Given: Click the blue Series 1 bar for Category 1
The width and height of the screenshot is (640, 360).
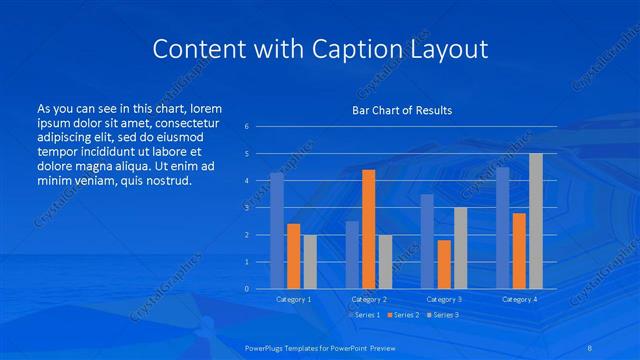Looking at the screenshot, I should (277, 231).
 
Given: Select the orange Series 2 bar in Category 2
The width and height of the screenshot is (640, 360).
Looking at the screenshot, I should (368, 229).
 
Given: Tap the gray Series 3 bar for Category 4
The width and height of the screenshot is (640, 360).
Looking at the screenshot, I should (536, 221).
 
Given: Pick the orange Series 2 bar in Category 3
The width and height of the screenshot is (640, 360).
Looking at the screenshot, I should (443, 264).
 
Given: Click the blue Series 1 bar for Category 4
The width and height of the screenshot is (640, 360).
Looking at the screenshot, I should (502, 228).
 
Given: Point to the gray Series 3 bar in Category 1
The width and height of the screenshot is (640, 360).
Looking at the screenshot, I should (310, 262).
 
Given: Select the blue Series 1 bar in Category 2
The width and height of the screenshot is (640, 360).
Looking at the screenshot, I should (352, 255).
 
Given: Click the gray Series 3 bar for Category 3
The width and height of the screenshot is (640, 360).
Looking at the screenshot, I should (460, 248).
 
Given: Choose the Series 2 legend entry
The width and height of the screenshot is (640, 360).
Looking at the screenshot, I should (402, 314).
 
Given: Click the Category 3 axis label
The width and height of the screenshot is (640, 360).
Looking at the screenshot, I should (443, 299).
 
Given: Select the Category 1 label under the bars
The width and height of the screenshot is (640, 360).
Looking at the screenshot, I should (293, 299).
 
